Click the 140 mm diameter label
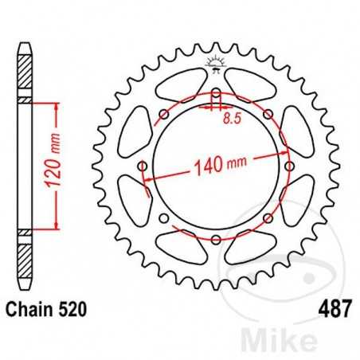click(x=220, y=168)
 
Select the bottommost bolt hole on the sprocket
click(x=215, y=239)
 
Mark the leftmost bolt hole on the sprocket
click(x=143, y=166)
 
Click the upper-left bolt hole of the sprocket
click(x=164, y=115)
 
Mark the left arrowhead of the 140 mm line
click(x=147, y=190)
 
